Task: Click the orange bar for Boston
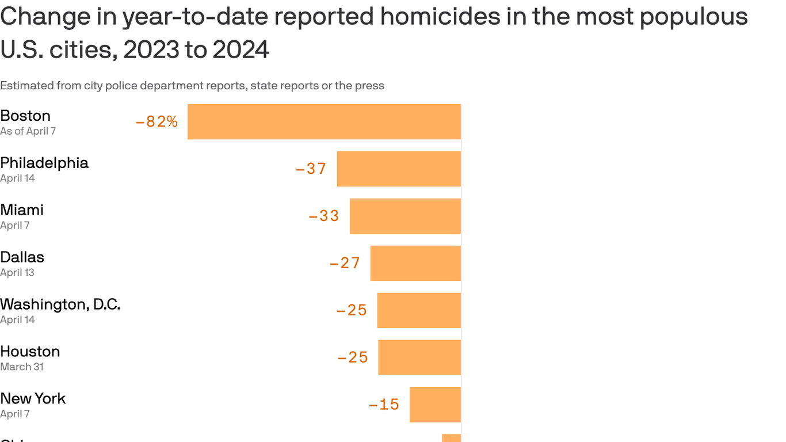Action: pyautogui.click(x=324, y=121)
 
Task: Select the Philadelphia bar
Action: pyautogui.click(x=399, y=169)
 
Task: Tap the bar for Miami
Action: pyautogui.click(x=405, y=216)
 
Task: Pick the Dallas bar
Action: pyautogui.click(x=415, y=263)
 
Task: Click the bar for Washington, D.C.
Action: pyautogui.click(x=419, y=310)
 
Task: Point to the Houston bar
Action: pyautogui.click(x=419, y=357)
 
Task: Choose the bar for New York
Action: pyautogui.click(x=435, y=405)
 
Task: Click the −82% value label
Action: pyautogui.click(x=157, y=121)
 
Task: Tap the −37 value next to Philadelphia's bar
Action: pyautogui.click(x=311, y=169)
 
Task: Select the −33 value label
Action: pyautogui.click(x=324, y=216)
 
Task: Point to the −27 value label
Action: pyautogui.click(x=345, y=263)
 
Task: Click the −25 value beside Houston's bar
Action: pyautogui.click(x=353, y=357)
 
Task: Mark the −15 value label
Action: pyautogui.click(x=384, y=405)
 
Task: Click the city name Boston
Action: pyautogui.click(x=25, y=116)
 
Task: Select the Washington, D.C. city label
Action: pyautogui.click(x=60, y=304)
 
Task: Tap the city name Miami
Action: pyautogui.click(x=22, y=210)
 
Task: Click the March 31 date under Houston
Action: pyautogui.click(x=22, y=367)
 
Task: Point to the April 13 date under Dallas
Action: pyautogui.click(x=17, y=273)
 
